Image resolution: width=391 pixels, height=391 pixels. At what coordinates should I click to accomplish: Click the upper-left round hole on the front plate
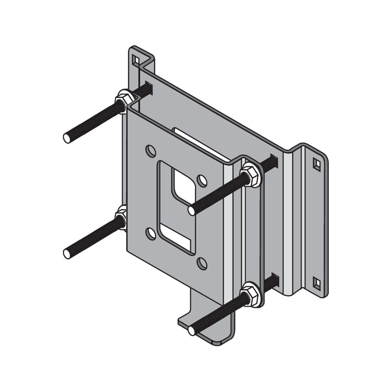coord(150,151)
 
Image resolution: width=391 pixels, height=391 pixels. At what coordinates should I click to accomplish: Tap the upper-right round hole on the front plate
coord(201,179)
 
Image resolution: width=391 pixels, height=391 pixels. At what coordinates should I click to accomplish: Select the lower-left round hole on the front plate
coord(151,234)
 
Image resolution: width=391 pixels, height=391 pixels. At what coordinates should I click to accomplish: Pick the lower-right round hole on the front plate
coord(202,262)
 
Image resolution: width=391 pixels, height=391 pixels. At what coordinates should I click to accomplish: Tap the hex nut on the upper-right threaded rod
coord(251,173)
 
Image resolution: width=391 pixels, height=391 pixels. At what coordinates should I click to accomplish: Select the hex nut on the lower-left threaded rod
coord(121,218)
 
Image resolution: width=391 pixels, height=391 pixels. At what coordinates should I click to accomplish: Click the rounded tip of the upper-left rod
coord(67,138)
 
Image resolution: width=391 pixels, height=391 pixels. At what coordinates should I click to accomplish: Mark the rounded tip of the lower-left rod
coord(67,253)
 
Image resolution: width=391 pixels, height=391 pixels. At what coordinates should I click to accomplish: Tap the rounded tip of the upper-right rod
coord(192,211)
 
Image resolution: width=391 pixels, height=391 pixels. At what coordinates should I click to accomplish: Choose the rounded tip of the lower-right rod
coord(192,331)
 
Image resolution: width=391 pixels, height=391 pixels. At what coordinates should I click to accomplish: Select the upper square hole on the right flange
coord(317,164)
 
